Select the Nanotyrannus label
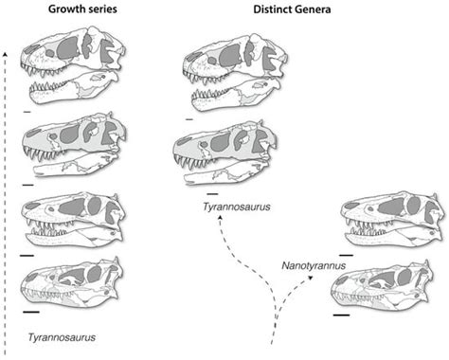click(311, 267)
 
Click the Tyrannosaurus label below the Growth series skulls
click(61, 335)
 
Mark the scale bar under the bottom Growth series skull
click(31, 309)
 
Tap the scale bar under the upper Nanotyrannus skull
click(347, 254)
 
